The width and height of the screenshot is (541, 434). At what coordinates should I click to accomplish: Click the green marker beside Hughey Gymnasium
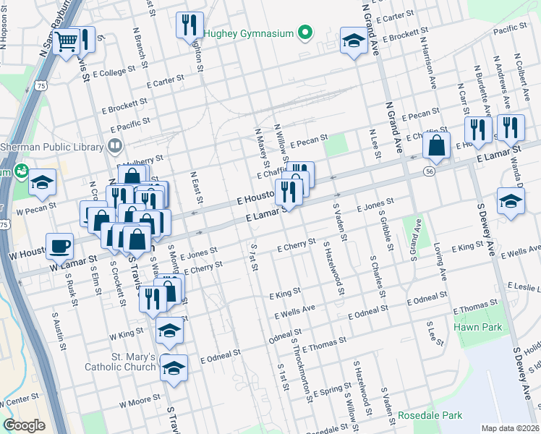pyautogui.click(x=306, y=33)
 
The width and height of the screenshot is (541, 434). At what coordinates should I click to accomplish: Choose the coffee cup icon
pyautogui.click(x=59, y=245)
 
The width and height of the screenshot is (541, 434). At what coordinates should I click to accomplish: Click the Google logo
pyautogui.click(x=24, y=425)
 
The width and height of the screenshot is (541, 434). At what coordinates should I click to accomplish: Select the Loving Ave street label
pyautogui.click(x=440, y=263)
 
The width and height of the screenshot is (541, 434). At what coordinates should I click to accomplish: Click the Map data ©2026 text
pyautogui.click(x=509, y=427)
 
